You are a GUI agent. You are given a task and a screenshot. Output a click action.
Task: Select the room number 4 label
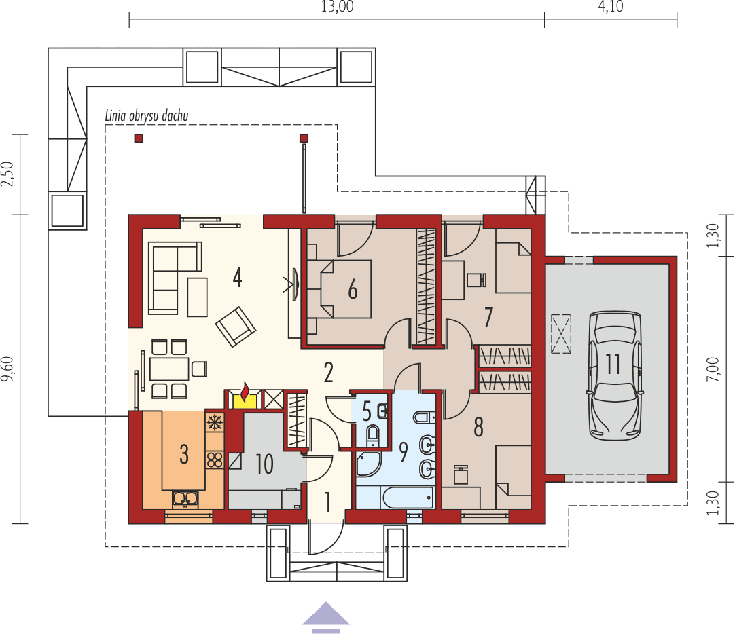click(237, 277)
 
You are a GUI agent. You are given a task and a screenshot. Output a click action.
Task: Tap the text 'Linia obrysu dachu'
click(146, 115)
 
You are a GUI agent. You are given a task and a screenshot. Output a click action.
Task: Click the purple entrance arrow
click(325, 616)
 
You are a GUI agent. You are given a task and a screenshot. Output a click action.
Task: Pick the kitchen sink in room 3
click(185, 500)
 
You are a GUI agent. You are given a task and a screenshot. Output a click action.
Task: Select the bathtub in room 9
click(408, 498)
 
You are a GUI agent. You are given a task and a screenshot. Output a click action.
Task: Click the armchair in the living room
click(236, 326)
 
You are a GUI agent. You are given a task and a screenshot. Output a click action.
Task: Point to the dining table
click(169, 369)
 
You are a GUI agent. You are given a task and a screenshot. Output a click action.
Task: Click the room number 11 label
click(613, 365)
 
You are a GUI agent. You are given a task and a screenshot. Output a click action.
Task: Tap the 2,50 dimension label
click(8, 174)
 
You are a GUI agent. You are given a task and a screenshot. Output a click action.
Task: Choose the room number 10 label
click(264, 464)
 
